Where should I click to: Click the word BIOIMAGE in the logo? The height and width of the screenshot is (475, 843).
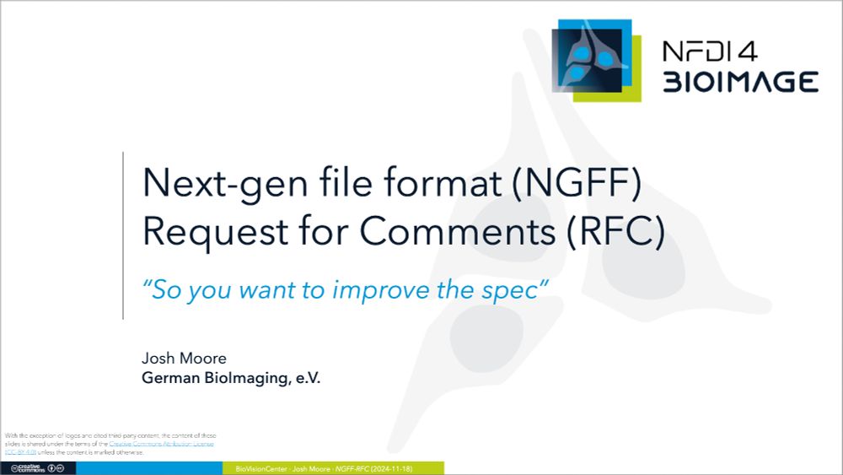739,82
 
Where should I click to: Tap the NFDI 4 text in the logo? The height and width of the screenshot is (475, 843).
709,51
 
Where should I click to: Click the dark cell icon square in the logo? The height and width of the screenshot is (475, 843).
587,60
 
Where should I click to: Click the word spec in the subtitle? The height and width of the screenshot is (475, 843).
515,289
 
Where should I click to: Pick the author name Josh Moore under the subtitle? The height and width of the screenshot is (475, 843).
184,359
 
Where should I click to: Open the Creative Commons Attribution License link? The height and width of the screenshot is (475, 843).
161,444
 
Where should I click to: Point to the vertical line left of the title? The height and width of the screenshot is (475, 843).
123,235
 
